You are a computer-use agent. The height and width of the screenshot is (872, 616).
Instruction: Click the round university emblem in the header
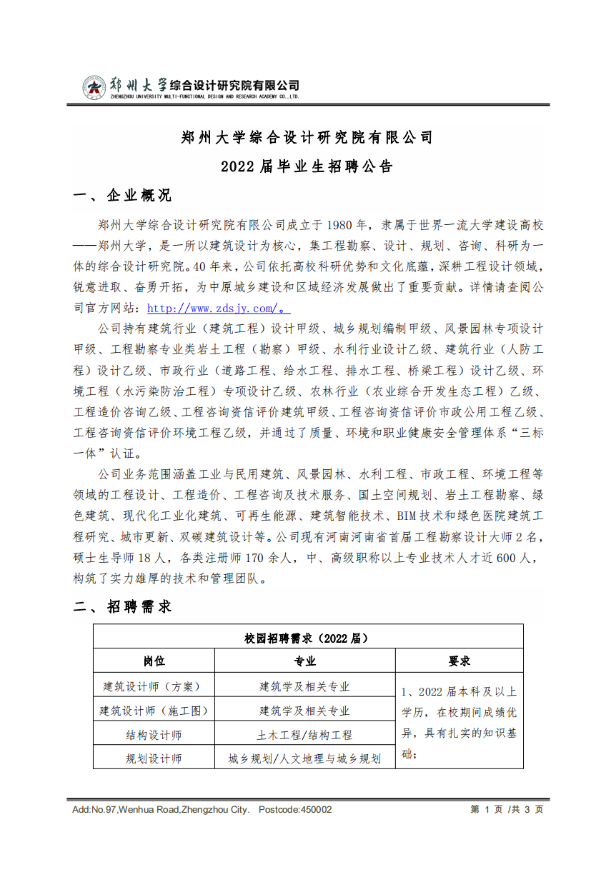point(93,88)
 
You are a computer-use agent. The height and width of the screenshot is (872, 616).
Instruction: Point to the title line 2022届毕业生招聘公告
point(307,167)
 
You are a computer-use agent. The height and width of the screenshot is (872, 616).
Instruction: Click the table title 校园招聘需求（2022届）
point(307,637)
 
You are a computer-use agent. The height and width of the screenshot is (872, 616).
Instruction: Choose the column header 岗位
point(153,661)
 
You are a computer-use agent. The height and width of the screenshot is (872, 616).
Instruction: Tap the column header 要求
point(459,661)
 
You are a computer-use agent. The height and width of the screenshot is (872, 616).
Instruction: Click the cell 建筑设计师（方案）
point(153,686)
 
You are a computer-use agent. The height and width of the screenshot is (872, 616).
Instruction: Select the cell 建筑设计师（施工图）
point(153,711)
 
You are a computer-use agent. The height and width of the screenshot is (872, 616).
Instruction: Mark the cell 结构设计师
point(153,735)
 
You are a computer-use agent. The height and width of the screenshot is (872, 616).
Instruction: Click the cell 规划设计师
point(153,758)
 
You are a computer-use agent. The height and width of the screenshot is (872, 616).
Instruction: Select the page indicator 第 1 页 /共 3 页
point(507,810)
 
